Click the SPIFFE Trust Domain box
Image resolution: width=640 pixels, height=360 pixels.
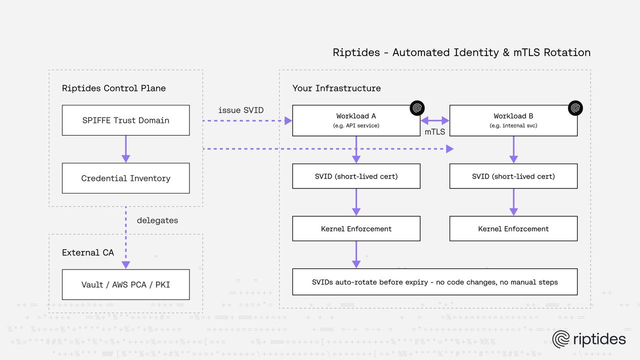125,120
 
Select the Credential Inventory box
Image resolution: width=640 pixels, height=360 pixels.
125,178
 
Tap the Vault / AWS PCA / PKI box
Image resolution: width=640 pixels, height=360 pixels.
125,284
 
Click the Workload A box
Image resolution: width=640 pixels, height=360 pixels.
356,120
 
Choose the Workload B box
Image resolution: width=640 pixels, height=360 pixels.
513,120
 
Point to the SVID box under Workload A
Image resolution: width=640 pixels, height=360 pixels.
356,176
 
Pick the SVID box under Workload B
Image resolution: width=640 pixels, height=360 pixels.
513,176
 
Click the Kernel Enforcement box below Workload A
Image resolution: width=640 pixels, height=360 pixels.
356,228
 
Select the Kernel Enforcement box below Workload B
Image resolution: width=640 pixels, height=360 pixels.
513,228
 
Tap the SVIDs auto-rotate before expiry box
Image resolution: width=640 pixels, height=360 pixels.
434,282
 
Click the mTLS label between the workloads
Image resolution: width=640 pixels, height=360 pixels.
434,132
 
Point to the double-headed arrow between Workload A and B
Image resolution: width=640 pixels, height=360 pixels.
434,120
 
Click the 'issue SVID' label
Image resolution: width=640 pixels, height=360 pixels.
241,110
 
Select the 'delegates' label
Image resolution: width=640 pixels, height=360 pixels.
157,220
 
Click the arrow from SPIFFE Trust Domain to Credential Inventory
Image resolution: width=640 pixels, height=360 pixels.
125,149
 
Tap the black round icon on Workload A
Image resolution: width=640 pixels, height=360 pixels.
417,108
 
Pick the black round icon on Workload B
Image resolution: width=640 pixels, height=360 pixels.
575,108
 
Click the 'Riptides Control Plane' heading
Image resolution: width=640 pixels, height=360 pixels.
113,88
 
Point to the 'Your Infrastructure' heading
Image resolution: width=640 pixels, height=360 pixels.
336,88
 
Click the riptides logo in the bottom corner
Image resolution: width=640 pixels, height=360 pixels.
589,339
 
